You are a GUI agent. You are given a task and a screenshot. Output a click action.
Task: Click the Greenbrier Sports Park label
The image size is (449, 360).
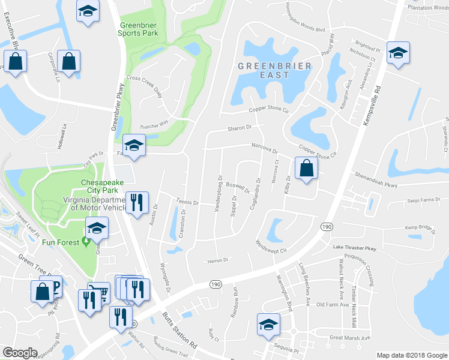pyautogui.click(x=138, y=29)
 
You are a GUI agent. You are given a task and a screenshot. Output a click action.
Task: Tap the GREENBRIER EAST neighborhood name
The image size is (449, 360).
pyautogui.click(x=276, y=70)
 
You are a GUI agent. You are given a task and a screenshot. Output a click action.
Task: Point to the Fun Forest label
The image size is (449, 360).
pyautogui.click(x=62, y=242)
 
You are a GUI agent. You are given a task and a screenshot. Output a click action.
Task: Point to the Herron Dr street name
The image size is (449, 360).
pyautogui.click(x=218, y=260)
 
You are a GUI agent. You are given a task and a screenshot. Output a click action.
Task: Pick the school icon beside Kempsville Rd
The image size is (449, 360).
pyautogui.click(x=397, y=52)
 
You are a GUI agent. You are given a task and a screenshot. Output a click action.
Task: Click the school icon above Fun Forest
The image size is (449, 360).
pyautogui.click(x=96, y=228)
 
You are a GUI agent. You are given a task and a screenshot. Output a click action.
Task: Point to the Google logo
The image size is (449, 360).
pyautogui.click(x=20, y=353)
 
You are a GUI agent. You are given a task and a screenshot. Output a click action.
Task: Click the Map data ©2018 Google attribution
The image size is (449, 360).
pyautogui.click(x=412, y=355)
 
